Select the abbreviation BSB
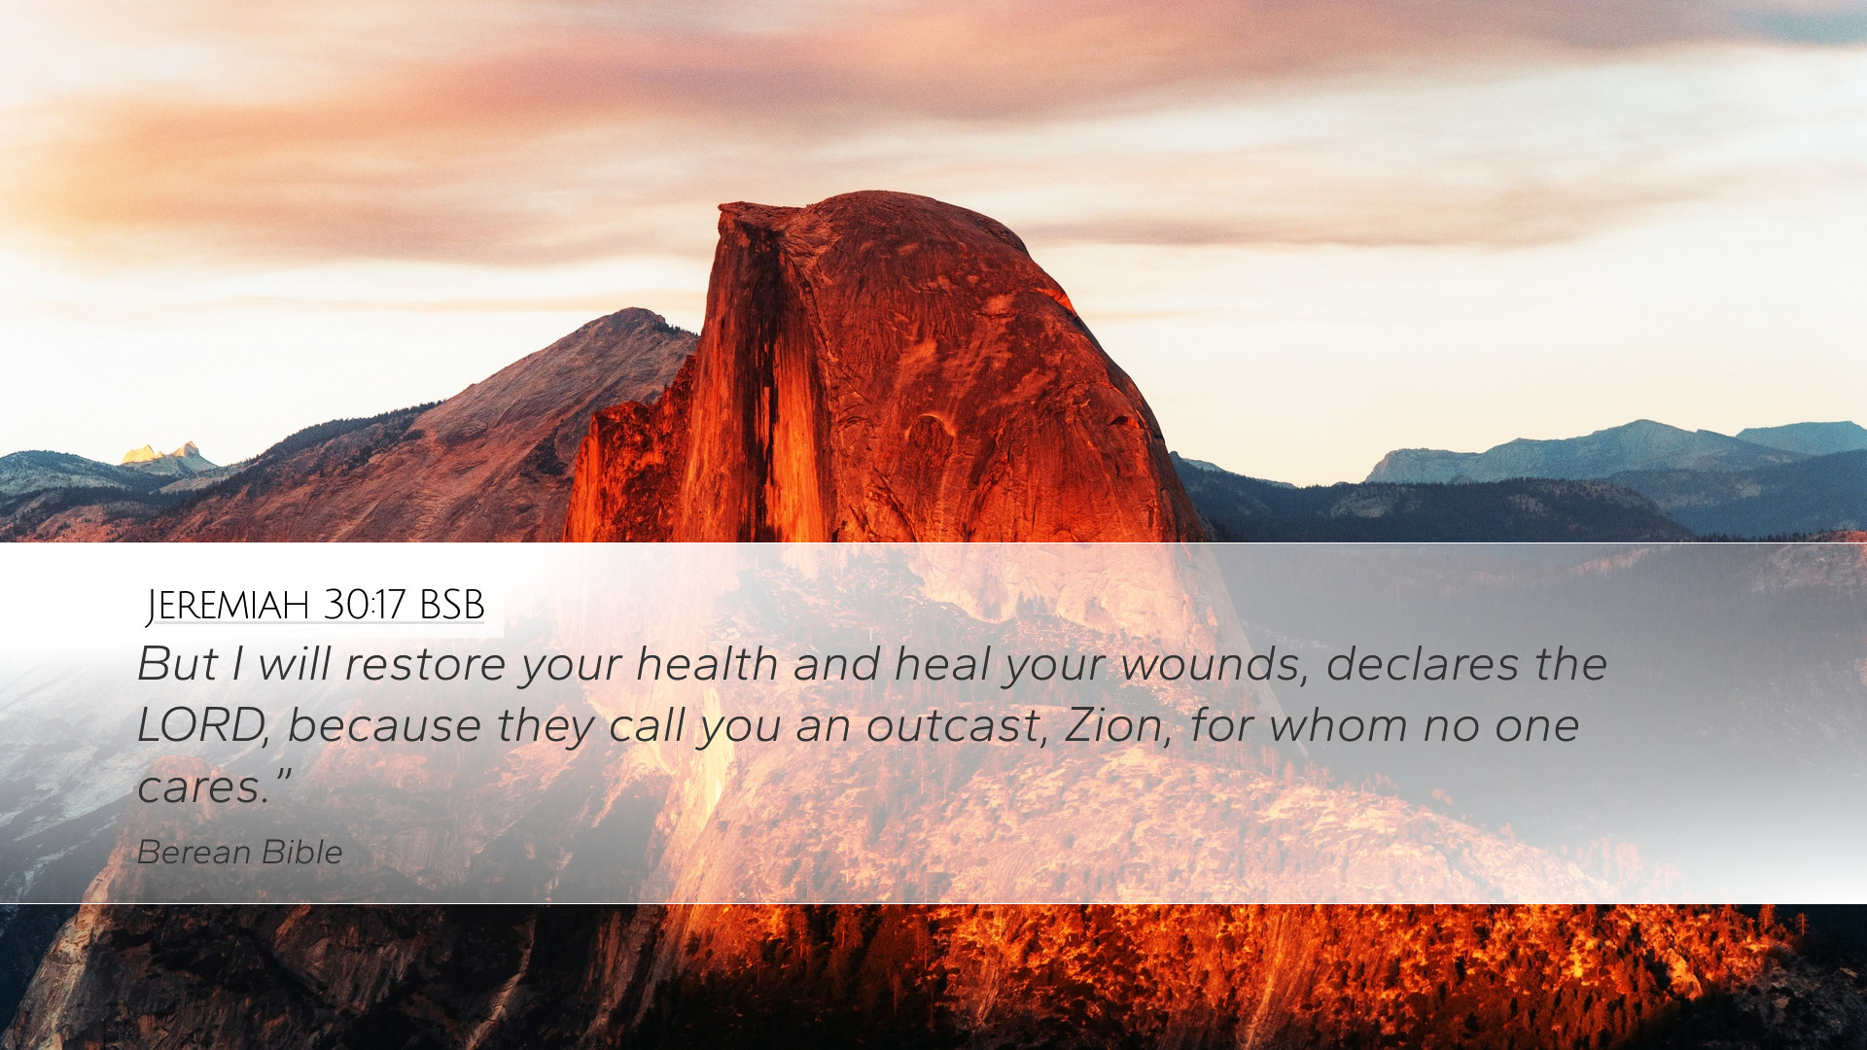click(452, 605)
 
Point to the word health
click(706, 664)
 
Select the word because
click(384, 725)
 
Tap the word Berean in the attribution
click(194, 852)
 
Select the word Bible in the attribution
click(302, 852)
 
